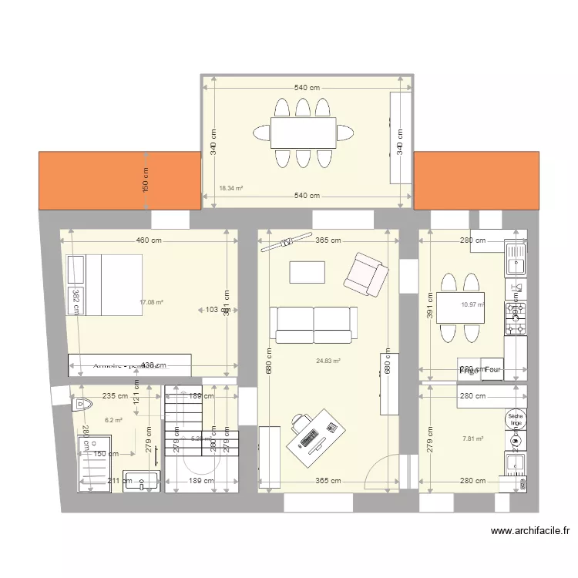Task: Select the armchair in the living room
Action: click(365, 274)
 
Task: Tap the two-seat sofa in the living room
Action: click(313, 324)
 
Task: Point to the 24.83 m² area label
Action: click(328, 360)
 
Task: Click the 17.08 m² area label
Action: click(151, 303)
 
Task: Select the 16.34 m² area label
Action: click(230, 188)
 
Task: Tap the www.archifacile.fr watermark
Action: click(529, 531)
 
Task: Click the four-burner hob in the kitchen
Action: click(515, 318)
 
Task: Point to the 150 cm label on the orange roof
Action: click(145, 180)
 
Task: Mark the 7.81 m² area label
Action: click(472, 439)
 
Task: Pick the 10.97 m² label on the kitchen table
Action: click(471, 304)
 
